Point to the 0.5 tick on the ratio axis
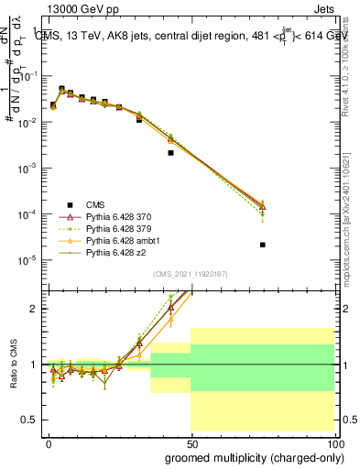30,420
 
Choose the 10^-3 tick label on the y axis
27,169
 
